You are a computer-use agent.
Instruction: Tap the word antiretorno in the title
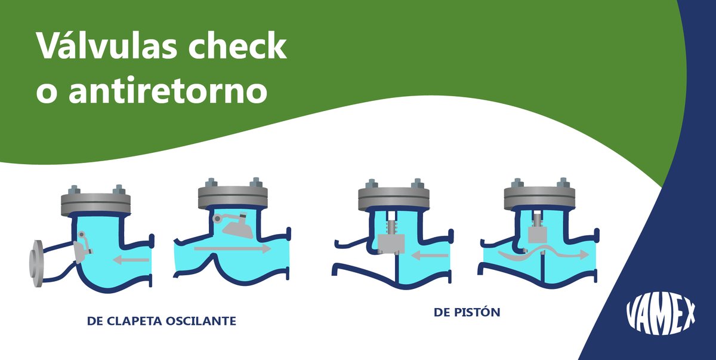(167, 92)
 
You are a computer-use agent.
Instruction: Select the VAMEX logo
(661, 314)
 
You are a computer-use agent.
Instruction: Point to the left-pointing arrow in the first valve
(131, 259)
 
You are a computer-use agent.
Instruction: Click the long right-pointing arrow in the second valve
(233, 248)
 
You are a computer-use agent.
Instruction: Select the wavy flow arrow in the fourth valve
(542, 254)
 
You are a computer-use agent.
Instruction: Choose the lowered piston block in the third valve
(391, 243)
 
